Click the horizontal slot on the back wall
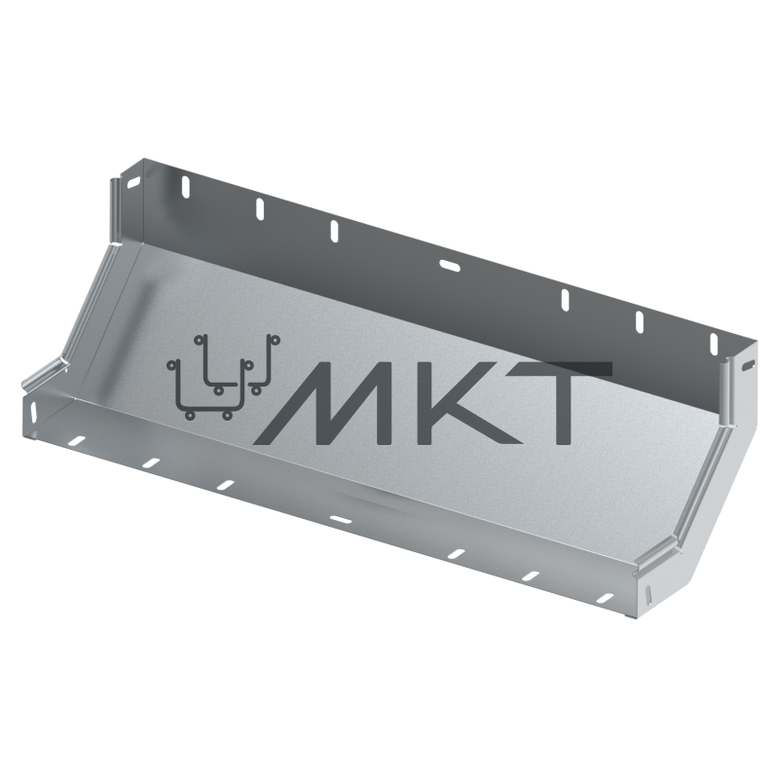click(450, 266)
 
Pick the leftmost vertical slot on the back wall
click(185, 187)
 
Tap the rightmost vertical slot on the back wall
click(714, 345)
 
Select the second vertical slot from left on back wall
click(259, 208)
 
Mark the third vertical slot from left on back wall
click(334, 231)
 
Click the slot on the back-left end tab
click(133, 183)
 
